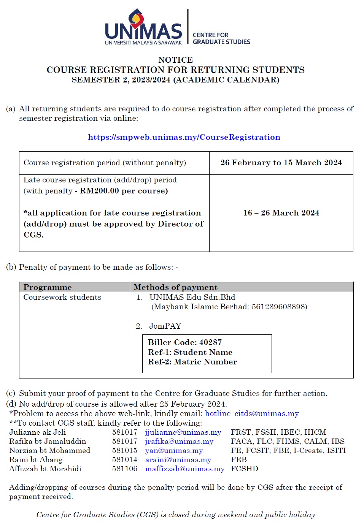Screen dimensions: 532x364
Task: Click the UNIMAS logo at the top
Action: click(x=143, y=27)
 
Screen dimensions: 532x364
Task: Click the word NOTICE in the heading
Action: click(x=175, y=60)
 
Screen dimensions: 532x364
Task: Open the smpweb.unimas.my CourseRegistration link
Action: click(x=184, y=137)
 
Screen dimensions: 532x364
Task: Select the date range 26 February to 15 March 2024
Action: click(x=281, y=163)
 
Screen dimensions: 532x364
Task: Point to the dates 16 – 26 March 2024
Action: click(x=281, y=213)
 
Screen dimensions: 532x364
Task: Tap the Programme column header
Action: click(x=48, y=287)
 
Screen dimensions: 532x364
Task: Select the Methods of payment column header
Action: click(x=175, y=287)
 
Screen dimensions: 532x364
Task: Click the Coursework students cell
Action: click(x=62, y=297)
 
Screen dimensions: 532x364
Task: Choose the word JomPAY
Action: click(x=165, y=326)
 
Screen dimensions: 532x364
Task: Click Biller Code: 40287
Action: click(x=185, y=342)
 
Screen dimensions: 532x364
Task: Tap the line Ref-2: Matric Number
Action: click(x=192, y=362)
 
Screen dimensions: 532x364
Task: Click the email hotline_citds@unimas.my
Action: click(x=252, y=413)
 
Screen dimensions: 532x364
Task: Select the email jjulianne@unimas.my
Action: click(x=183, y=432)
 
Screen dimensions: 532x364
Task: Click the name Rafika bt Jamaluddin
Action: click(x=48, y=442)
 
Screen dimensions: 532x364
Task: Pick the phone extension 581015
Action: click(x=124, y=451)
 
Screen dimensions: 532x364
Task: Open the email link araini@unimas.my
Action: click(x=178, y=460)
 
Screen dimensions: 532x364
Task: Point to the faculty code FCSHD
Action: click(x=244, y=469)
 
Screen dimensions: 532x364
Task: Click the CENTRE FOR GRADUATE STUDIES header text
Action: click(x=221, y=38)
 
